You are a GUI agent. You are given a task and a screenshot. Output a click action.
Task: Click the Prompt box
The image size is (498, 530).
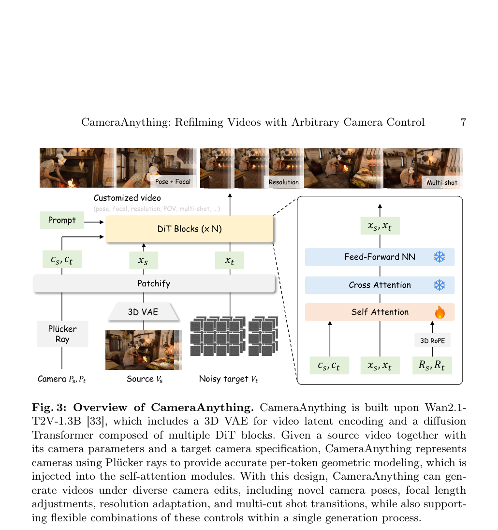point(62,221)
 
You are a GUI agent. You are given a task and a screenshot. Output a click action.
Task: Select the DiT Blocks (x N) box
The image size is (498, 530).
point(189,229)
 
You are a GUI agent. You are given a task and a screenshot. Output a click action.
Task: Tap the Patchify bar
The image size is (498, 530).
point(154,283)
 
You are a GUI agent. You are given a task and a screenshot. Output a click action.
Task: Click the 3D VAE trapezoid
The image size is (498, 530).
point(143,311)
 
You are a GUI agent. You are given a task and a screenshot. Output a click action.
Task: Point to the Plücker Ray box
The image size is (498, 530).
point(62,334)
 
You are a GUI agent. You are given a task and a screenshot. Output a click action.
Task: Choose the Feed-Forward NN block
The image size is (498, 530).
point(380,257)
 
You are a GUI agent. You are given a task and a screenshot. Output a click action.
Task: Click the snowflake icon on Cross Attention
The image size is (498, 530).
point(439,285)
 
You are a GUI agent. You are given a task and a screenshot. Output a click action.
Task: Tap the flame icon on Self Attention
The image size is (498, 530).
point(440,312)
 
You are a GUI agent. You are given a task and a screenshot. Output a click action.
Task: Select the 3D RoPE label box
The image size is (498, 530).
point(432,340)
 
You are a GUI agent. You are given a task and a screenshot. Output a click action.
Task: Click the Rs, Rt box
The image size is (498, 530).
point(432,366)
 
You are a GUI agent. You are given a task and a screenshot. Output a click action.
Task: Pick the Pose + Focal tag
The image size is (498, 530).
point(173,181)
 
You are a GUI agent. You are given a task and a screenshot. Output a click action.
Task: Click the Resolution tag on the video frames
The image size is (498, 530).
point(284,182)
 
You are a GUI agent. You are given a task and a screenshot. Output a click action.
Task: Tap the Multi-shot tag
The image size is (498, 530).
point(442,182)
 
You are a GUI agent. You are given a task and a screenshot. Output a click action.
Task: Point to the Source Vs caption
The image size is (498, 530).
point(145,379)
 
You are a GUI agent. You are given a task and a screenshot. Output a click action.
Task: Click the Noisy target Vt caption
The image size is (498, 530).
point(228,379)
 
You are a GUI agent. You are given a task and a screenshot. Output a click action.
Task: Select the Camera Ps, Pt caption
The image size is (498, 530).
point(61,379)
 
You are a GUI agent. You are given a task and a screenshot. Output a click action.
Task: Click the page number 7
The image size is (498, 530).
point(463,122)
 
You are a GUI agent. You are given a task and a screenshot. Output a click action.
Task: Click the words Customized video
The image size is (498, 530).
point(127,198)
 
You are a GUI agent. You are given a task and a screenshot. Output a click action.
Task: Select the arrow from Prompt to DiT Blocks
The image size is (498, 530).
point(94,222)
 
